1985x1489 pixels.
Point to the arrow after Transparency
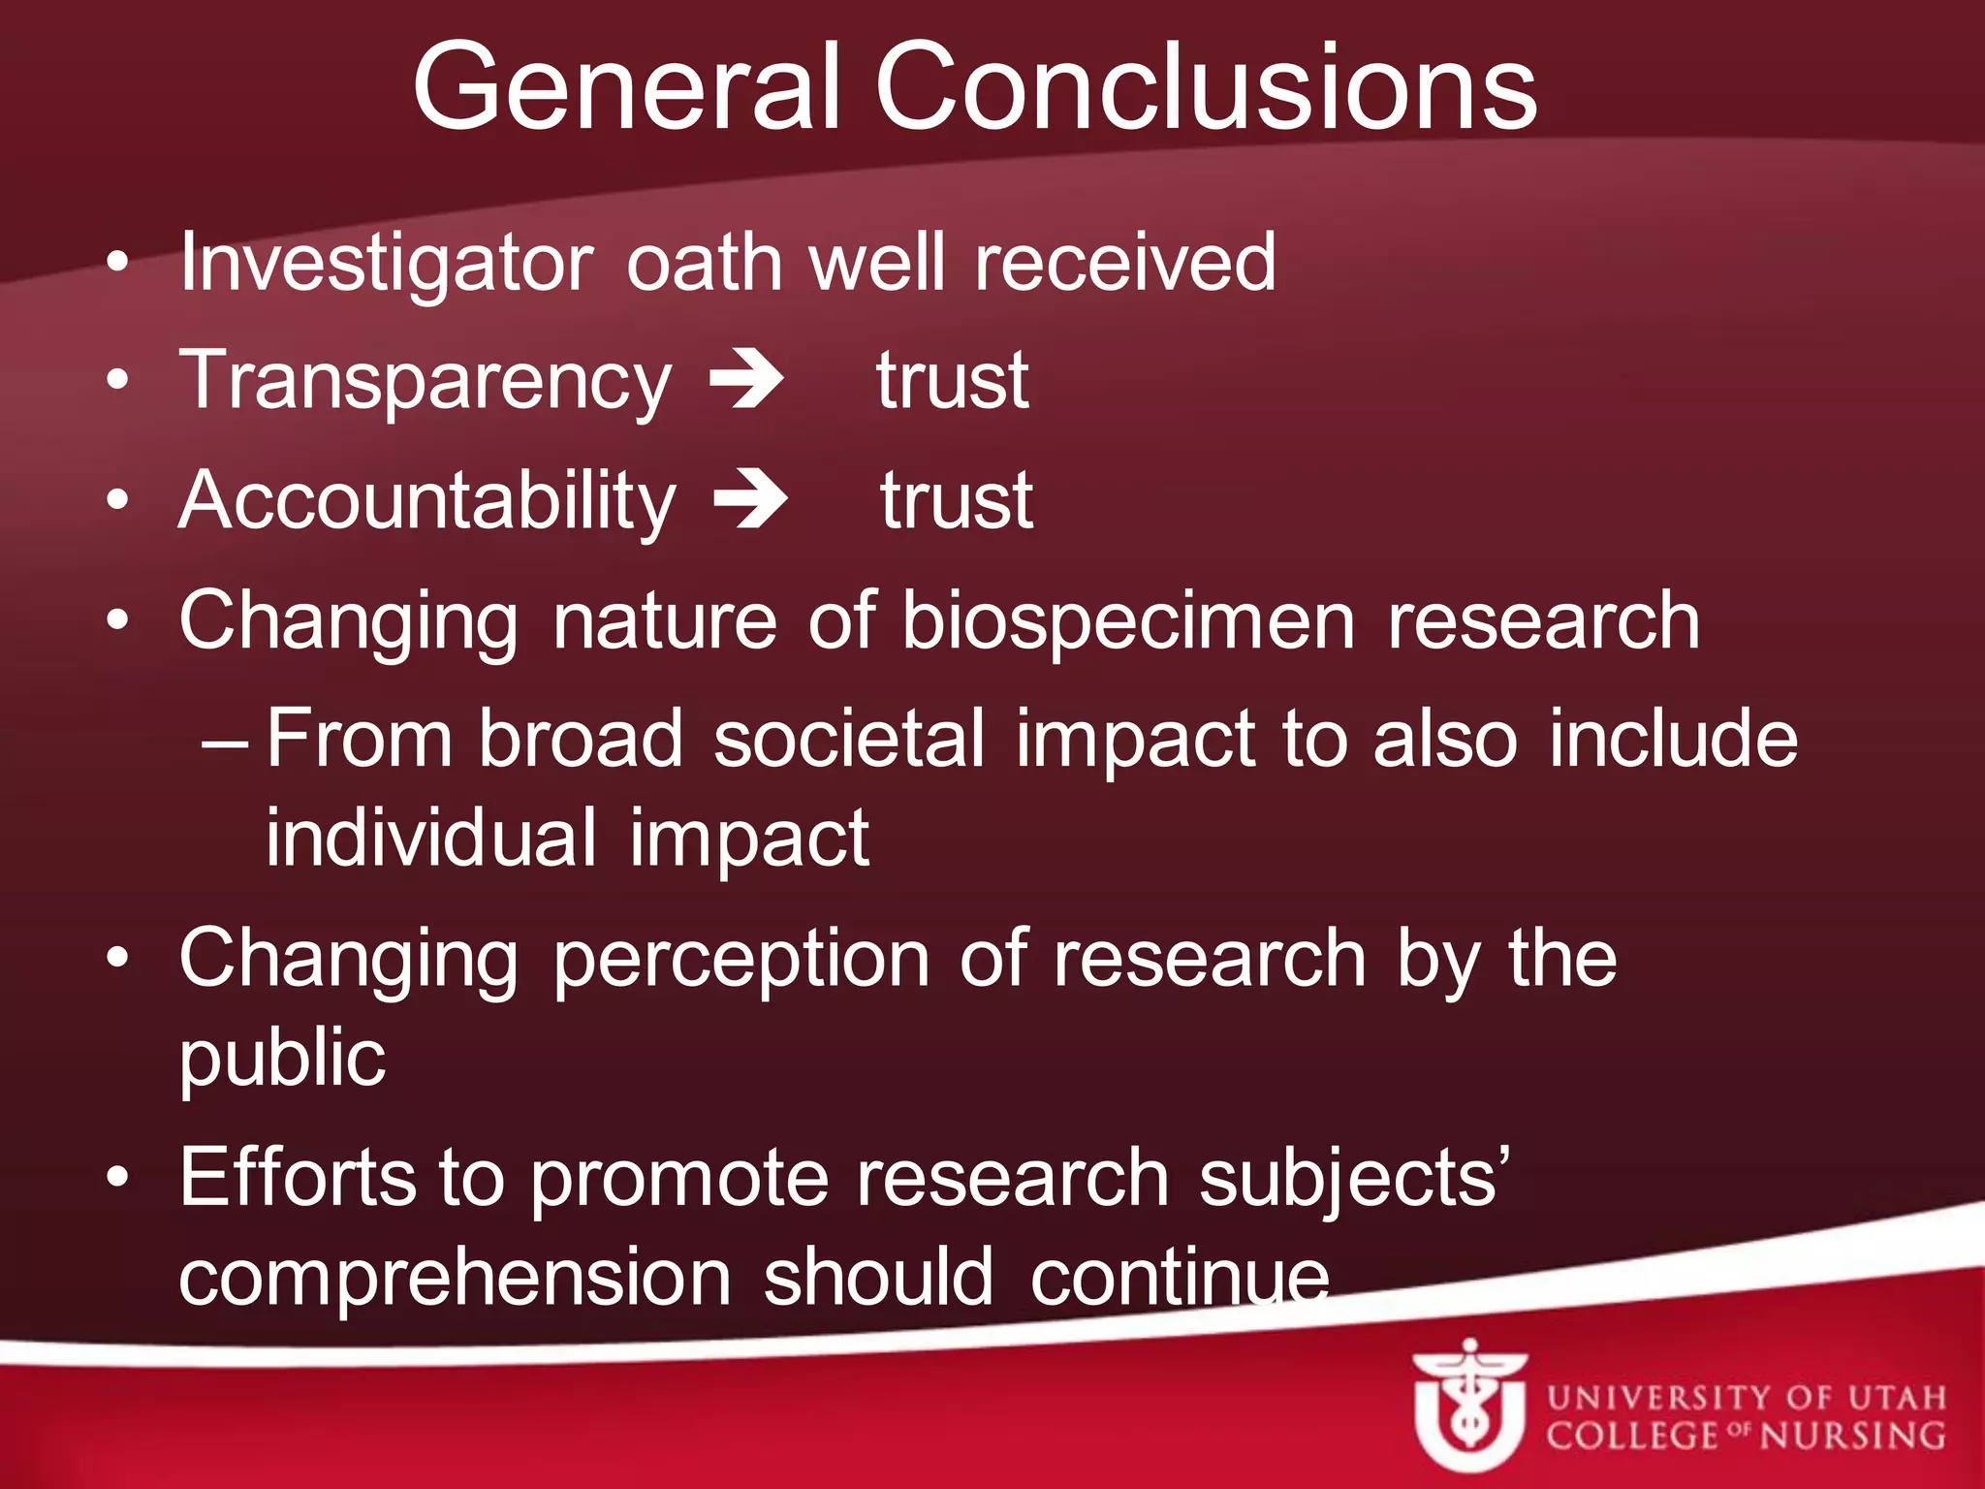(x=746, y=379)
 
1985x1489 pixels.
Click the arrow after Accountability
(x=750, y=499)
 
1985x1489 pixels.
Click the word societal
(x=849, y=739)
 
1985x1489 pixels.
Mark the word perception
(x=741, y=960)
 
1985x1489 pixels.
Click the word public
(x=282, y=1059)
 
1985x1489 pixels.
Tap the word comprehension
(x=455, y=1278)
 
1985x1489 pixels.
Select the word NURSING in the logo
(x=1852, y=1436)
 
